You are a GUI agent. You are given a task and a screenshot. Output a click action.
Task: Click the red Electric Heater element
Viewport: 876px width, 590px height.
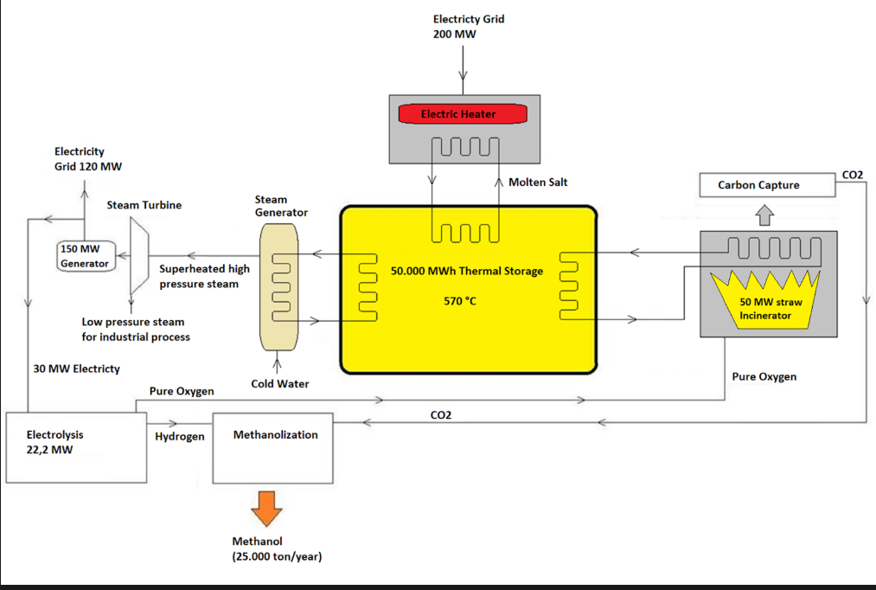458,113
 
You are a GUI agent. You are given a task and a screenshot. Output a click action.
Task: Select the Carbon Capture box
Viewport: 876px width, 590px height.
767,185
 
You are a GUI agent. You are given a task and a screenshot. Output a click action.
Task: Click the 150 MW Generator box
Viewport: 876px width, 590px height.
86,256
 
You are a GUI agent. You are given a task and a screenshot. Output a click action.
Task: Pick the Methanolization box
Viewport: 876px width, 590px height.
275,447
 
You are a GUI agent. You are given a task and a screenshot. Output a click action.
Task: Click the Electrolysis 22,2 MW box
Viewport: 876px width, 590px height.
76,446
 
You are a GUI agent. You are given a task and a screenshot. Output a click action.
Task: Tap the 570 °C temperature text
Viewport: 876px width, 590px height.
459,301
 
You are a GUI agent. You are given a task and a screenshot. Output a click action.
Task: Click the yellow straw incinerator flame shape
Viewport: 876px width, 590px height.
765,298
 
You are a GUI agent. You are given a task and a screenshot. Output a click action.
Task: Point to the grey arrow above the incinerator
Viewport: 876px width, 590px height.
765,214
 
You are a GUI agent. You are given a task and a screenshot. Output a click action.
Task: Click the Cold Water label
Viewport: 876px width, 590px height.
279,384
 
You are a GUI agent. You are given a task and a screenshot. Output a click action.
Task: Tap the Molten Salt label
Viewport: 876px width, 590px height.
538,182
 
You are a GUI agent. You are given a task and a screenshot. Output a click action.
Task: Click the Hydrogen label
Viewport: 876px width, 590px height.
180,437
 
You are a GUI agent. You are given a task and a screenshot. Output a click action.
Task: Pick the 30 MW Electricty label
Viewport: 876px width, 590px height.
76,369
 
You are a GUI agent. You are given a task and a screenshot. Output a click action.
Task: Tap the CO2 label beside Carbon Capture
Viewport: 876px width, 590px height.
852,176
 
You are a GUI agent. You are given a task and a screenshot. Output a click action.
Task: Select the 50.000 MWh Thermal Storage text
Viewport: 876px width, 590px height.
467,271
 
